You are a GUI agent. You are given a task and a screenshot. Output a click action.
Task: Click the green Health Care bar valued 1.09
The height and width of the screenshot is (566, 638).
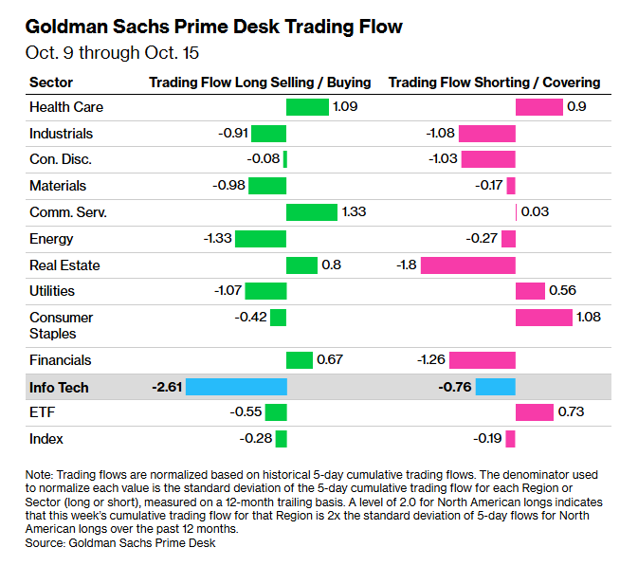point(307,107)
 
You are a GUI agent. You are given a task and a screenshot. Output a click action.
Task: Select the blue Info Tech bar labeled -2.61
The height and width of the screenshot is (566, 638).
point(236,387)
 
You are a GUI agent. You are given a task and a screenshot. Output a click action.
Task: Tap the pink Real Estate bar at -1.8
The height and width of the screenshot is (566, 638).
point(468,265)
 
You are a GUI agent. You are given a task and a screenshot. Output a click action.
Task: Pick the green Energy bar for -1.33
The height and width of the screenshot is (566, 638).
point(261,239)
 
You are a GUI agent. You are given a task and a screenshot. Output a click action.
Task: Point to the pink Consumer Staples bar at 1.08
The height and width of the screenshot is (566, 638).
point(544,318)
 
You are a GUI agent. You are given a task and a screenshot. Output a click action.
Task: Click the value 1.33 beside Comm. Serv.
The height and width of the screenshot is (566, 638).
point(354,211)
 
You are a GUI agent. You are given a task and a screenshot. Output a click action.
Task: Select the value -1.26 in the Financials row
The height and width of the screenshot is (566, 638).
point(431,359)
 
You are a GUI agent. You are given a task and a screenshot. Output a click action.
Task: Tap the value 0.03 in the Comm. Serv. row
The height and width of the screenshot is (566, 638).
point(535,211)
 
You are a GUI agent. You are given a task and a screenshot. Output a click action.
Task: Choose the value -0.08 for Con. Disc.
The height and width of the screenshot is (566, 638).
point(264,158)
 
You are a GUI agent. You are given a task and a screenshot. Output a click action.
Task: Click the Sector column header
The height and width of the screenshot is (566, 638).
point(51,82)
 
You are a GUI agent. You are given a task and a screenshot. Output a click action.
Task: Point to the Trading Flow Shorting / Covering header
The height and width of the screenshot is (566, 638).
point(494,82)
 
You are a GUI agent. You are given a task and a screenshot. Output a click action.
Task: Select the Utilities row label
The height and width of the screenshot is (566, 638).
point(52,291)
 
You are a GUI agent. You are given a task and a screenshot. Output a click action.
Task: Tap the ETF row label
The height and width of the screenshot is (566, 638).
point(42,412)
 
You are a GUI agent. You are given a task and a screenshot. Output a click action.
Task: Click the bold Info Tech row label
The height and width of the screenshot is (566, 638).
point(59,388)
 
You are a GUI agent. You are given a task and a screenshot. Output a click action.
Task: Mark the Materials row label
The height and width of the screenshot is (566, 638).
point(58,186)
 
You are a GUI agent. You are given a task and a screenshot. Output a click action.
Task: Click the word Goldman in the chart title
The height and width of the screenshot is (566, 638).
point(66,27)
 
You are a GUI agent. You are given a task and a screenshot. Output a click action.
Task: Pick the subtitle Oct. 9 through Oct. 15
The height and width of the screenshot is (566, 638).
point(112,53)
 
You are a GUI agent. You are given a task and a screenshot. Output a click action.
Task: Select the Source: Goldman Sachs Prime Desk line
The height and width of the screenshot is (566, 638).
point(120,543)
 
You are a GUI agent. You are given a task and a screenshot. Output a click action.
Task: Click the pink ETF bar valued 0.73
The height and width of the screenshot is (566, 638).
point(535,412)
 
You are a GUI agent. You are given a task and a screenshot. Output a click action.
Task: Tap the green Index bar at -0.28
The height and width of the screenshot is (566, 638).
point(282,439)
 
